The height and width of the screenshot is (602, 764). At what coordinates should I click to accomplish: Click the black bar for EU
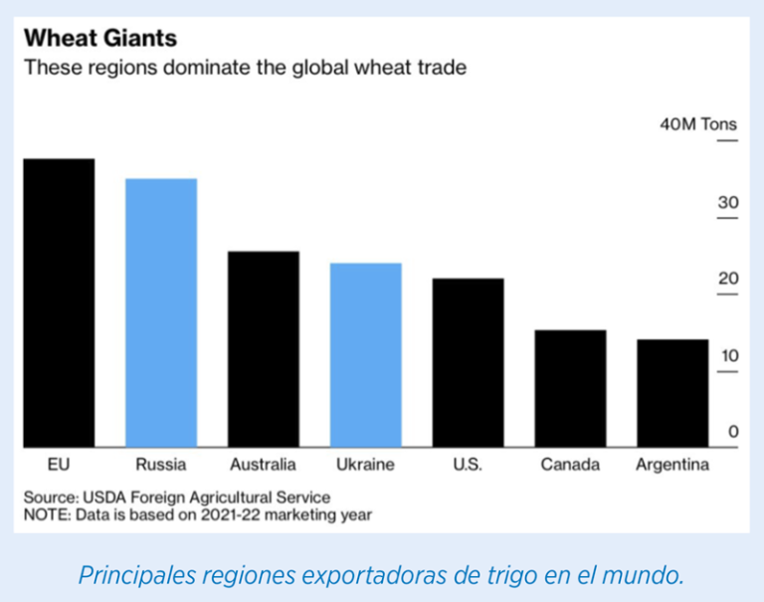coord(59,302)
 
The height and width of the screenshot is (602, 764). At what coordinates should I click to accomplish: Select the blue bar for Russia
coord(161,312)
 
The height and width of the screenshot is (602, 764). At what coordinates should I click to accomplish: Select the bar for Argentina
coord(672,393)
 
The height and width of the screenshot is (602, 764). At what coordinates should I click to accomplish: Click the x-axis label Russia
coord(160,465)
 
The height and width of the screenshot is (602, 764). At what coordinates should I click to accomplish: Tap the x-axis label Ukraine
coord(365,465)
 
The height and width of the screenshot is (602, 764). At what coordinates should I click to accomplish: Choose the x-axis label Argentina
coord(672,465)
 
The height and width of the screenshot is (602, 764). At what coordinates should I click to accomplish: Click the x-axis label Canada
coord(570,465)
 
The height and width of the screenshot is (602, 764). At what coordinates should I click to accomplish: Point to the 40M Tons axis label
coord(698,124)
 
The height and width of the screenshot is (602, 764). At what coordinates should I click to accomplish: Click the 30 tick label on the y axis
coord(728,203)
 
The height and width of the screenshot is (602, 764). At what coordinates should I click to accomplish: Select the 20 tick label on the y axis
coord(728,279)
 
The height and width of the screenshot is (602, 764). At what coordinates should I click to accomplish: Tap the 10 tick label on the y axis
coord(728,355)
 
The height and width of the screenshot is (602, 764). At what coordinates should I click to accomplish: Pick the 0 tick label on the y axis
coord(733,432)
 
